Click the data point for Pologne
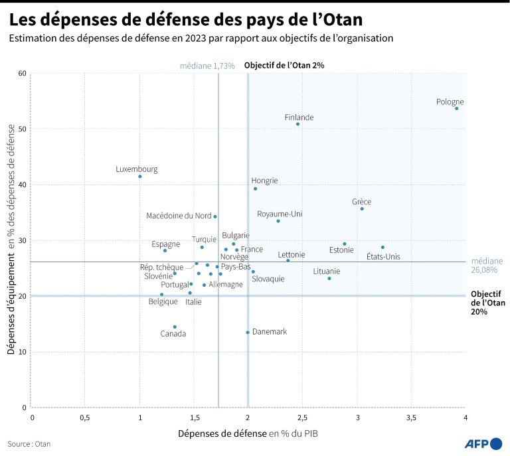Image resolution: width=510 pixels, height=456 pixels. coord(457,108)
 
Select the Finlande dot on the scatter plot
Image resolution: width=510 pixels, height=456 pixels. coord(297,124)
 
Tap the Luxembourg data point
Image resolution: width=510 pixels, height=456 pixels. coord(140,177)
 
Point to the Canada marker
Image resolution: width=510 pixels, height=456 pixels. coord(175,327)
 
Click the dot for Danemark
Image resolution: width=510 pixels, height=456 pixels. coord(248,332)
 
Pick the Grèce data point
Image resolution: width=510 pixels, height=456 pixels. coord(362,209)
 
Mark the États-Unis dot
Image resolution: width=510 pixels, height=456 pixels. coord(382,247)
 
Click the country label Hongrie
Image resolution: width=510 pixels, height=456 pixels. coord(264,181)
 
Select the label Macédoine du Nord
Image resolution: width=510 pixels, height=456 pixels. coord(179,216)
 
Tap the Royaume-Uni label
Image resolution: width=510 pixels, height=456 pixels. coord(280,214)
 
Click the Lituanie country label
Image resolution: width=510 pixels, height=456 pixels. coord(327,271)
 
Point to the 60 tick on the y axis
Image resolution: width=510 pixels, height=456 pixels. coord(23,73)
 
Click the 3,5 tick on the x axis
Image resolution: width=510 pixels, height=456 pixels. coord(411,418)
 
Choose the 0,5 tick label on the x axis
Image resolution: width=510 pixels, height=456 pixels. coord(85,418)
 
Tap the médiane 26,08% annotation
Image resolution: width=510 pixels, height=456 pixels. coord(487,266)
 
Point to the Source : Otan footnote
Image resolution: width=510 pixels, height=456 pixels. coord(29,443)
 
